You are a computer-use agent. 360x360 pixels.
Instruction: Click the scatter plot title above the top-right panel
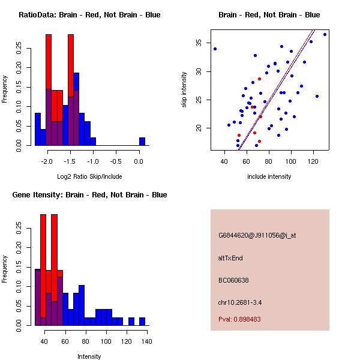point(269,15)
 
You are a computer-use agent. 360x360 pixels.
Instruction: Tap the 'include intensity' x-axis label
point(269,176)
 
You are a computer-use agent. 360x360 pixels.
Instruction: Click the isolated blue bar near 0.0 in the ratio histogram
point(142,142)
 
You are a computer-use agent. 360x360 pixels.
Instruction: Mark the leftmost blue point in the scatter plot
point(215,49)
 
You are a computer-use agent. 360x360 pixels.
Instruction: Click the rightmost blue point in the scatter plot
point(325,34)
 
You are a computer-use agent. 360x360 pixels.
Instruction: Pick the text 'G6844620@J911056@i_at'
point(257,235)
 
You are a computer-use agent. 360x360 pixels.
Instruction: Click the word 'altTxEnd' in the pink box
point(230,258)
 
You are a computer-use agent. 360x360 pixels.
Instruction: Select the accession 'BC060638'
point(233,280)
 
